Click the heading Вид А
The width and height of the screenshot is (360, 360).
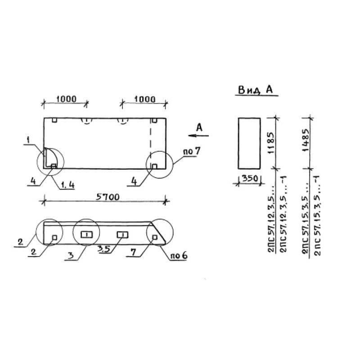coord(255,90)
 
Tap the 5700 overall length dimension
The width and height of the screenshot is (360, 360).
coord(108,197)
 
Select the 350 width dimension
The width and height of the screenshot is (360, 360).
coord(250,178)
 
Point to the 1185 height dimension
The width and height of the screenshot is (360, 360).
coord(271,143)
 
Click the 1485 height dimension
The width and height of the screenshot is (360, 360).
coord(306,140)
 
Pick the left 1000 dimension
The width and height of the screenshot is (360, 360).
coord(66,99)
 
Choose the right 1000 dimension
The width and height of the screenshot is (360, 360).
coord(145,99)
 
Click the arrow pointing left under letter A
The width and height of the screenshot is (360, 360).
coord(198,135)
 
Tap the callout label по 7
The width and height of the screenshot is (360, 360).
coord(192,151)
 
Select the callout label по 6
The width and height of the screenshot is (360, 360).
coord(178,255)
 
